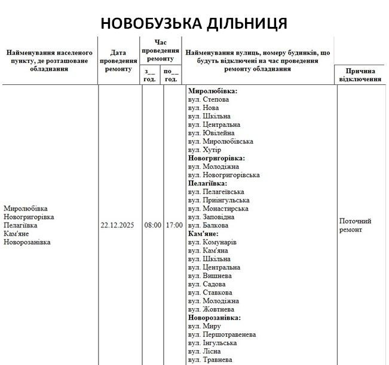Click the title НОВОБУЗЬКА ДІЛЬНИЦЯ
(x=194, y=23)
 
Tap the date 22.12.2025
(x=118, y=226)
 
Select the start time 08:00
(x=152, y=226)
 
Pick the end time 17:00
(x=173, y=226)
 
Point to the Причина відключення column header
(x=360, y=74)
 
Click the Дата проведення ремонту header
(x=118, y=60)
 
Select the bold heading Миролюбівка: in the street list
(x=213, y=91)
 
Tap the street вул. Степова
(x=208, y=99)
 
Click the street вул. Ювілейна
(x=211, y=133)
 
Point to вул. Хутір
(x=204, y=150)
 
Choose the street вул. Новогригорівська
(x=223, y=175)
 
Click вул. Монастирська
(x=218, y=208)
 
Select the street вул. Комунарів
(x=212, y=242)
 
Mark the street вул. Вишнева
(x=209, y=275)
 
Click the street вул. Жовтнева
(x=212, y=309)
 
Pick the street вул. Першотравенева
(x=222, y=334)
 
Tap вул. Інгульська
(x=212, y=342)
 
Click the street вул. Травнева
(x=210, y=360)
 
